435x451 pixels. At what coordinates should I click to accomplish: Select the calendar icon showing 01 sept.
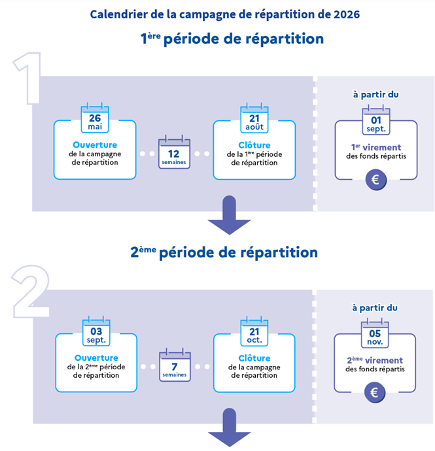tap(376, 122)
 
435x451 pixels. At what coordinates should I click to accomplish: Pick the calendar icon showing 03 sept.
tap(96, 331)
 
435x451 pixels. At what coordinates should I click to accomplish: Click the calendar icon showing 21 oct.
tap(254, 331)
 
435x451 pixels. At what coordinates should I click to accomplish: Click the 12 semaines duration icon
tap(174, 153)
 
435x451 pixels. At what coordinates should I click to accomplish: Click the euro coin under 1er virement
tap(376, 180)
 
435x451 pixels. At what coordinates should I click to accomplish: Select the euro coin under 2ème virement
tap(375, 393)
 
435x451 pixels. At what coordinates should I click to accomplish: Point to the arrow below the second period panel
tap(229, 429)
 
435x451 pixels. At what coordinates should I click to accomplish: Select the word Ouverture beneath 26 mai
tap(95, 144)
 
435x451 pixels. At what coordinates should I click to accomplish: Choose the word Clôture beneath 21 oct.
tap(254, 358)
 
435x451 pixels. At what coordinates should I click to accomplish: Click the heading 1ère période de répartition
tap(232, 39)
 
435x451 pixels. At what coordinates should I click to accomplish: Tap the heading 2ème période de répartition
tap(224, 252)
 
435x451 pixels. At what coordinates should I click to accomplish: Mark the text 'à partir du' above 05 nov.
tap(375, 307)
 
